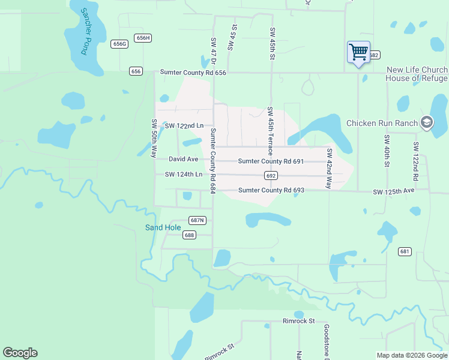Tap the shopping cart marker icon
(x=358, y=52)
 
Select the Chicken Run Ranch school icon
(x=426, y=123)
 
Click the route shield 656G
(x=119, y=44)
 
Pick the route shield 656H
(x=143, y=38)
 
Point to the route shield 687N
(x=197, y=220)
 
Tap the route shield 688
(x=189, y=235)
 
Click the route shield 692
(x=271, y=176)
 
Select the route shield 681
(x=405, y=252)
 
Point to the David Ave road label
(x=183, y=159)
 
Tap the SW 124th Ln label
(x=184, y=175)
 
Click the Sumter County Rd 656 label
(x=193, y=73)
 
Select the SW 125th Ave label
(x=393, y=191)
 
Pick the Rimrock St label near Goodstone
(x=299, y=321)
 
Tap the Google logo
(x=20, y=353)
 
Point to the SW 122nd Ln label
(x=184, y=125)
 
